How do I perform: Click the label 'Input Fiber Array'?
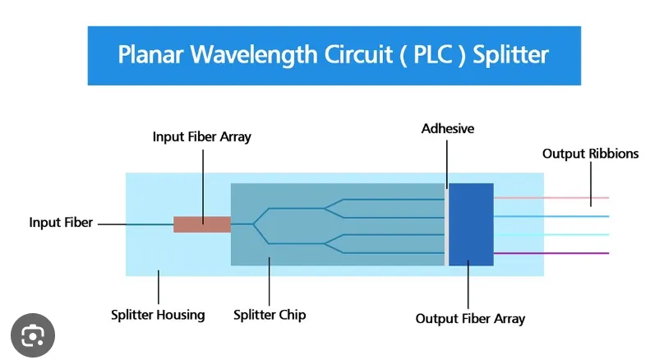[201, 137]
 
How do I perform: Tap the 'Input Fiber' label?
[61, 223]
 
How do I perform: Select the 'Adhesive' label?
[448, 129]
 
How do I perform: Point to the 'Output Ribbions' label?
[590, 154]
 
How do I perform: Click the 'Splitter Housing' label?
[158, 315]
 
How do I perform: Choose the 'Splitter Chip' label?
[270, 315]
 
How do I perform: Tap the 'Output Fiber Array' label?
[470, 319]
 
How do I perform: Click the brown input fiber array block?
[201, 224]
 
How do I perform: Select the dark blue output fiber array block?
[471, 224]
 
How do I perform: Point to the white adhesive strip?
[446, 224]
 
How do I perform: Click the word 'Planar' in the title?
[150, 55]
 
